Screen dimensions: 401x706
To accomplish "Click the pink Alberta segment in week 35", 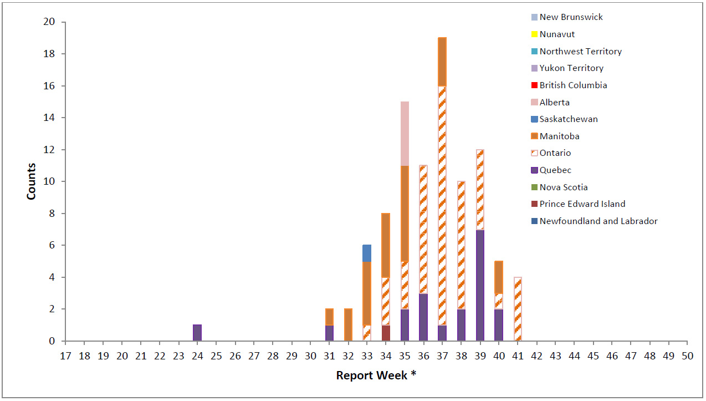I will [x=405, y=134].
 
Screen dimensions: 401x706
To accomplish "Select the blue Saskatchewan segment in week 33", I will [x=367, y=253].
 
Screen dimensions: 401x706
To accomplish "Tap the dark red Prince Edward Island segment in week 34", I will [x=386, y=333].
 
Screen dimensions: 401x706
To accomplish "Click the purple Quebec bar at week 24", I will [x=197, y=333].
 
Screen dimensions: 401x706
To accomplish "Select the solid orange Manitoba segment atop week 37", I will [x=442, y=62].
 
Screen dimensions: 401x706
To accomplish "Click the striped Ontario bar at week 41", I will [x=518, y=309].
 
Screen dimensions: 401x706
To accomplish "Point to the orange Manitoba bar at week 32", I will [x=348, y=325].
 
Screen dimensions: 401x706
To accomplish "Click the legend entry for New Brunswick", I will [x=571, y=17].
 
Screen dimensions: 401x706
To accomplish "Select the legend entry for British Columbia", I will [x=573, y=85].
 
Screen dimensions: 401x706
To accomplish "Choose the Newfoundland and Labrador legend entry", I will [x=598, y=221].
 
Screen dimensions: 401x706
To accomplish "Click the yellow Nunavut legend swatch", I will [x=534, y=34].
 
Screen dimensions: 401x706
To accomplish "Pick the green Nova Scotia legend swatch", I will [x=534, y=187].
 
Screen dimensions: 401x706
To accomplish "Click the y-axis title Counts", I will [x=32, y=181].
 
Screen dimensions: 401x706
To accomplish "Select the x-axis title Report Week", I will [x=376, y=375].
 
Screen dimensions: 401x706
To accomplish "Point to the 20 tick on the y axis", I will [x=50, y=22].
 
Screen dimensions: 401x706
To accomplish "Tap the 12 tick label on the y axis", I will [x=50, y=150].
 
